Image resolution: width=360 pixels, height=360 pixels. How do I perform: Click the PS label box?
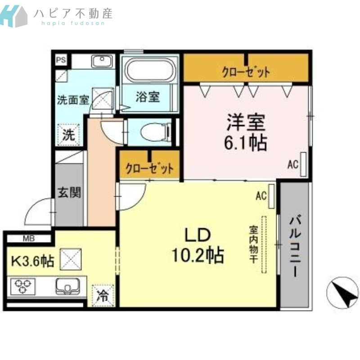61,60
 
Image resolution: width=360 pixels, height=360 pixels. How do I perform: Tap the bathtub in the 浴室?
150,70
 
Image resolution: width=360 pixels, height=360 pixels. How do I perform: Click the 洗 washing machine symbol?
69,135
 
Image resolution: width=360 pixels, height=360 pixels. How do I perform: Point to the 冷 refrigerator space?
103,296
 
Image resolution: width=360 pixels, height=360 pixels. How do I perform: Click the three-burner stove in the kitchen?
23,286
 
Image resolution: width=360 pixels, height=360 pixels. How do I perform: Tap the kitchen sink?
67,286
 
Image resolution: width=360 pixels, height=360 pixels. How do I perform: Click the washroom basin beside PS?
102,61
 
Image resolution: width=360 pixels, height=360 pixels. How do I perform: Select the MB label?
29,238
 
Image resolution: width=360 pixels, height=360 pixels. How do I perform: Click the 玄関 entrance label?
69,193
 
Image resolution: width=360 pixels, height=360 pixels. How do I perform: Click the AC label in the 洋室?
293,164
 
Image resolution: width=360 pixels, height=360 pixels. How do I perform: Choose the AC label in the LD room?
261,196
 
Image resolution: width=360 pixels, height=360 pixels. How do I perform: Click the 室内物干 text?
254,244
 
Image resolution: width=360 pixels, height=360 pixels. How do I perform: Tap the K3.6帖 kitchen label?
33,261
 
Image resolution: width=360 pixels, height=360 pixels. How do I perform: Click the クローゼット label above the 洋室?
246,72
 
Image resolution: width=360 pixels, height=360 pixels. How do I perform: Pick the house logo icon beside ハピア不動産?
14,16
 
